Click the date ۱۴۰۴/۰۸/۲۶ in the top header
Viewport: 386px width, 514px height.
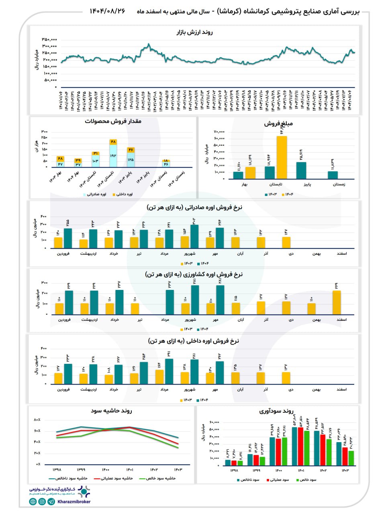tap(107, 11)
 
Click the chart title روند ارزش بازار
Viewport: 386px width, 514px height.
tap(195, 32)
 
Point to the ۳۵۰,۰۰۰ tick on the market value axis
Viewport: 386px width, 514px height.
tap(49, 39)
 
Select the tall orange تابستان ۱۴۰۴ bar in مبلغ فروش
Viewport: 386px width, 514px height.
tap(282, 157)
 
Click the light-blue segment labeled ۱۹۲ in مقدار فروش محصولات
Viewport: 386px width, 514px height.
tap(113, 156)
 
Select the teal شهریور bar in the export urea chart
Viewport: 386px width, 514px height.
tap(194, 237)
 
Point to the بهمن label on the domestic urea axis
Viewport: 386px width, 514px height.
tap(317, 390)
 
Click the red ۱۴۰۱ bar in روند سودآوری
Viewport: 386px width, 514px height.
tap(300, 446)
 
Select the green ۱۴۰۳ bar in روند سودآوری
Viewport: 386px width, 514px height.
tap(351, 458)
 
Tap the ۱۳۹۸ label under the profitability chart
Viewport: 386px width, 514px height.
tap(234, 471)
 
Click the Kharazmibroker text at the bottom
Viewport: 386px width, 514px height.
tap(74, 502)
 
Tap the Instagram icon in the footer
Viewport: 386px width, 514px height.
tap(42, 502)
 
